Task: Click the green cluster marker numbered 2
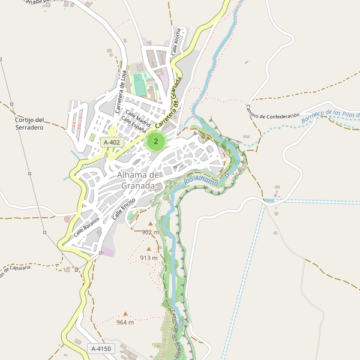[156, 142]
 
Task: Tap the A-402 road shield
[112, 142]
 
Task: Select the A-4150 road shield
[101, 349]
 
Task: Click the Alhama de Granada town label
[139, 180]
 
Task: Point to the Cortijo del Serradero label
[29, 124]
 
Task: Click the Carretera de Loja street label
[121, 92]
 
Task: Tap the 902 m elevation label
[150, 232]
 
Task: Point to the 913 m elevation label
[148, 258]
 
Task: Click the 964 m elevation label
[125, 322]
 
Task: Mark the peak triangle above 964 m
[125, 313]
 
